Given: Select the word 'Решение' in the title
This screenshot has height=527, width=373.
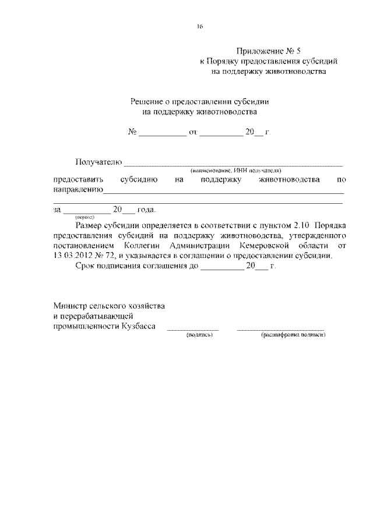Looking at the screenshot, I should click(x=147, y=101).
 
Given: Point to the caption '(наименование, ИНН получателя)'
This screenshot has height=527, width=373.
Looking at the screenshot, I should click(x=235, y=171).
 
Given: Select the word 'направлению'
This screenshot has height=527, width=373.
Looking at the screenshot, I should click(x=78, y=190).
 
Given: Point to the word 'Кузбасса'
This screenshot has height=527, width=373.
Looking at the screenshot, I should click(x=139, y=327).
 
